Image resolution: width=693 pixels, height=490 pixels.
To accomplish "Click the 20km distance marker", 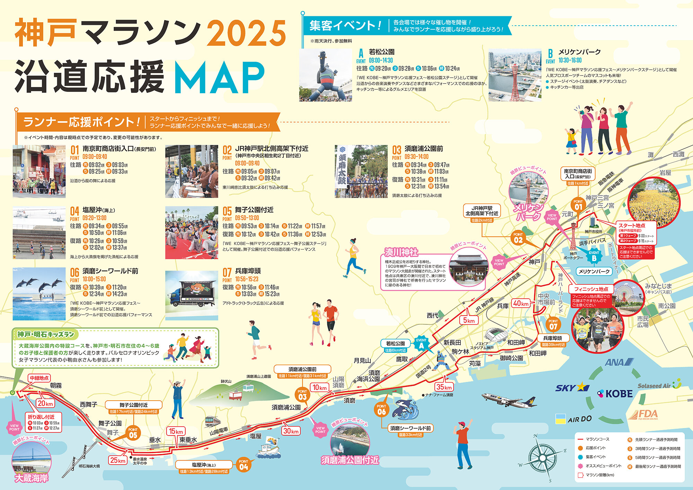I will click(45, 403).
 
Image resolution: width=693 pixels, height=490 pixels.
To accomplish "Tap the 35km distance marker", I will click(444, 387).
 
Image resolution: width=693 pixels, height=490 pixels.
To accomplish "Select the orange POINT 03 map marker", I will click(302, 395).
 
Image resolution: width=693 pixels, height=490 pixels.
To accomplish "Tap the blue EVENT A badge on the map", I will click(421, 344).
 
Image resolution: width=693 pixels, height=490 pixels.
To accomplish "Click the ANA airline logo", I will click(619, 362).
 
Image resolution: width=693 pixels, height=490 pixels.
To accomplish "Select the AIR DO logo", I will click(573, 419).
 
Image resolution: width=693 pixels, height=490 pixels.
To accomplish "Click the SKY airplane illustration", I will click(509, 400).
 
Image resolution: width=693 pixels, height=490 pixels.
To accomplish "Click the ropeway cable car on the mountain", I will click(237, 395).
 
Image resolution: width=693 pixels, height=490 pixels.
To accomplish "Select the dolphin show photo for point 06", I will click(39, 294).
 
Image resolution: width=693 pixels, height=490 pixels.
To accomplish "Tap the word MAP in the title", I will click(219, 78).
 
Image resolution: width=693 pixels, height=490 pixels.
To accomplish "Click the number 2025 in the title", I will click(246, 33).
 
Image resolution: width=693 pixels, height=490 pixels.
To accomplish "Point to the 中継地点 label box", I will click(39, 378).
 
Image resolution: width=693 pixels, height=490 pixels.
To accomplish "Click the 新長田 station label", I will click(452, 343).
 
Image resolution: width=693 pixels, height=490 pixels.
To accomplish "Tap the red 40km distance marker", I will click(521, 304).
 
